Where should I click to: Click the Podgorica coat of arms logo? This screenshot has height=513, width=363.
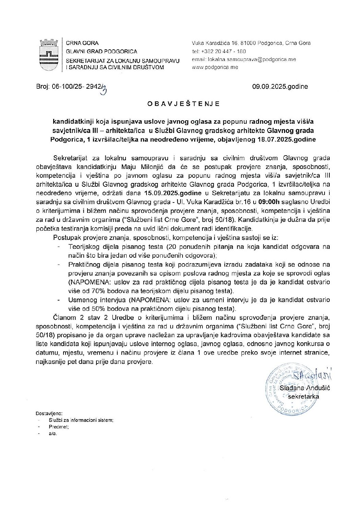[48, 54]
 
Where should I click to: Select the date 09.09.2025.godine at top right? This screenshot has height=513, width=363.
[280, 87]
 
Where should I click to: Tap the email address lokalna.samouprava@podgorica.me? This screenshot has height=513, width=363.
[244, 59]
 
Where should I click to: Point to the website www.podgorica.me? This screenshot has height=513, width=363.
[215, 67]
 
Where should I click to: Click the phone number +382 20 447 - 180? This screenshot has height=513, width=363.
[223, 51]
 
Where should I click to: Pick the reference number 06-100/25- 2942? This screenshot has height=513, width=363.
[77, 87]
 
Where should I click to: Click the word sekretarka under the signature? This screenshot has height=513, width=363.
[303, 396]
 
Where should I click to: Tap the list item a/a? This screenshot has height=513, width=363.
[53, 433]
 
